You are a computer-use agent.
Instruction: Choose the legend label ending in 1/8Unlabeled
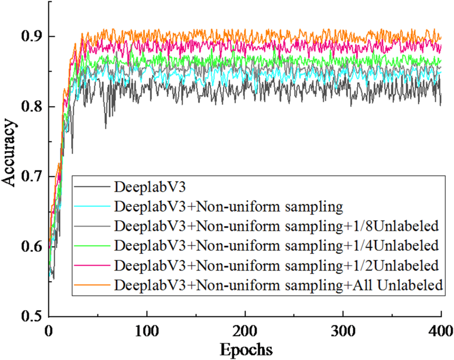(x=276, y=226)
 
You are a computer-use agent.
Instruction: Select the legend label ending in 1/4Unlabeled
(x=276, y=245)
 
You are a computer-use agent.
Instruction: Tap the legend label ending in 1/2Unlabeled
(x=276, y=265)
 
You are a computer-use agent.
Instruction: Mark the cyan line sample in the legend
(x=93, y=206)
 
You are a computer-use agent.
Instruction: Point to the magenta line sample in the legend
(x=93, y=265)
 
